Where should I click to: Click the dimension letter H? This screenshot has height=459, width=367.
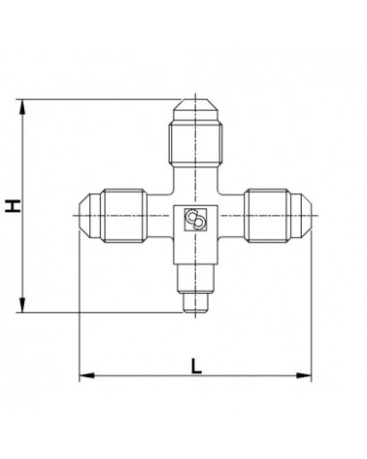pyautogui.click(x=12, y=206)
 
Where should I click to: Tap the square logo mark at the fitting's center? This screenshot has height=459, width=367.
pyautogui.click(x=196, y=220)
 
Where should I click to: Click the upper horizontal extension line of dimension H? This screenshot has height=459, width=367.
pyautogui.click(x=97, y=99)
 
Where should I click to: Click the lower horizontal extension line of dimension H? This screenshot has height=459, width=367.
pyautogui.click(x=97, y=313)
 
